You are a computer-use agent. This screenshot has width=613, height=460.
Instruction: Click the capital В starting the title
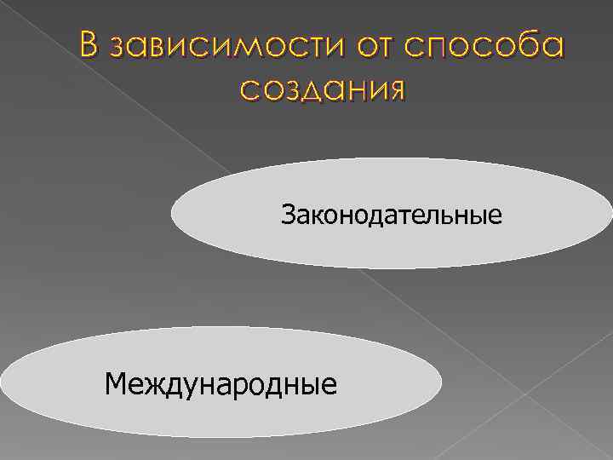tap(91, 45)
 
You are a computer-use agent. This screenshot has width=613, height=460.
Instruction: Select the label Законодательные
tap(392, 214)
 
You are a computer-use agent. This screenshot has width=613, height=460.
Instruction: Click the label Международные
tap(221, 383)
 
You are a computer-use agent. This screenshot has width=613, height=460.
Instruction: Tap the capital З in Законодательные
tap(288, 214)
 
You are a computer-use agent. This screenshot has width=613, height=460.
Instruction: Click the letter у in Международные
tap(192, 387)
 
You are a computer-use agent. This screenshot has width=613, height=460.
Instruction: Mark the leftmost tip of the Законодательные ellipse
tap(171, 214)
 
